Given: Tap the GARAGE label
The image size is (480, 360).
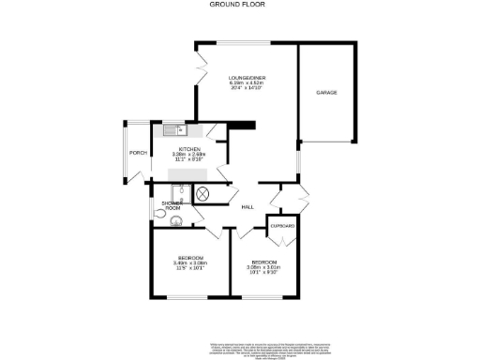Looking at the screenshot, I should [325, 93].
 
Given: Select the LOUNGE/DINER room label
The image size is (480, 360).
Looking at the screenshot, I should [247, 78].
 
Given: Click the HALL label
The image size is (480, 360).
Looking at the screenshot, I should [247, 207].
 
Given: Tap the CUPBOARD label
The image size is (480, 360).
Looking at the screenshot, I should [283, 227].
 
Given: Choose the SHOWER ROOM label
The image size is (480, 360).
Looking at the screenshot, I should [172, 205].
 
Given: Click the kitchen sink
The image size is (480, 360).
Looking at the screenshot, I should [171, 130].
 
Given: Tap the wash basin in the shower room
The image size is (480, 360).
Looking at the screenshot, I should [176, 224].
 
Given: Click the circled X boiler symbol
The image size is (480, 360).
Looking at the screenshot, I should [202, 193].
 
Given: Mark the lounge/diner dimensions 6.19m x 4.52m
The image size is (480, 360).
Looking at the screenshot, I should [247, 85].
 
